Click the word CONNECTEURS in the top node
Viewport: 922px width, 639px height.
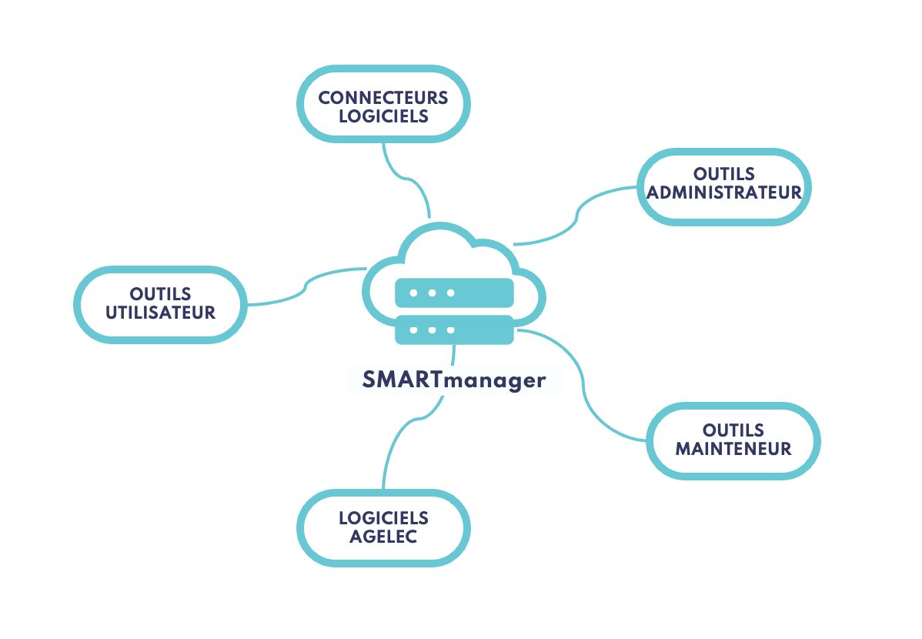coord(383,98)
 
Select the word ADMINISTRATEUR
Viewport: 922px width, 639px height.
coord(724,192)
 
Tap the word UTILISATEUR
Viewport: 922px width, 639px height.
coord(160,313)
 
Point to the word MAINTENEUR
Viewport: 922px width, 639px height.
coord(733,449)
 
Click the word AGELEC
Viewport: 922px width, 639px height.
coord(383,537)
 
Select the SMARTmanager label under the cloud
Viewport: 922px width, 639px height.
coord(454,380)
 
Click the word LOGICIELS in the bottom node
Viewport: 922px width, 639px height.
coord(383,518)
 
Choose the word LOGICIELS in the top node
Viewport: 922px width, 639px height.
coord(383,117)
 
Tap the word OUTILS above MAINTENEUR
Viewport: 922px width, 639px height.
coord(733,430)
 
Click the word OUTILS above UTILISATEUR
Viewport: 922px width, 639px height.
coord(160,294)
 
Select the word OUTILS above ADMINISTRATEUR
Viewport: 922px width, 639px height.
coord(724,174)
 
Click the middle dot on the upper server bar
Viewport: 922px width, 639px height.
coord(432,293)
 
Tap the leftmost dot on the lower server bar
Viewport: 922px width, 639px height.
coord(413,330)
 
